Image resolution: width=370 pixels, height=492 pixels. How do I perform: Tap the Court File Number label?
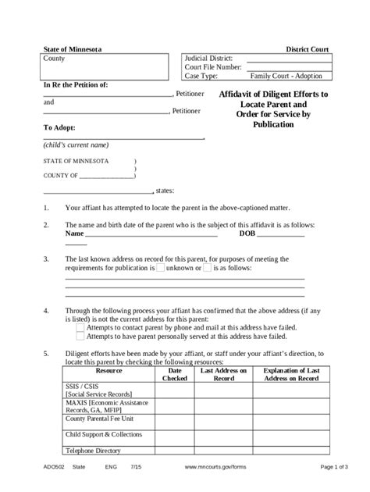click(214, 68)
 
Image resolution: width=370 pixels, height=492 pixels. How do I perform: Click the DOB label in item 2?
click(247, 234)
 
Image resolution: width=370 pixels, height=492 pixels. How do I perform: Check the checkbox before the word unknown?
click(160, 268)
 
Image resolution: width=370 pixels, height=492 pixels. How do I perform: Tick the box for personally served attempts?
click(80, 337)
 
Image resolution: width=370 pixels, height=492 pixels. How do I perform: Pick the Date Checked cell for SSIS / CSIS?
click(175, 391)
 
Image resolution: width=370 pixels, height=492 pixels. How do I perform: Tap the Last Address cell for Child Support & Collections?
click(224, 434)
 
